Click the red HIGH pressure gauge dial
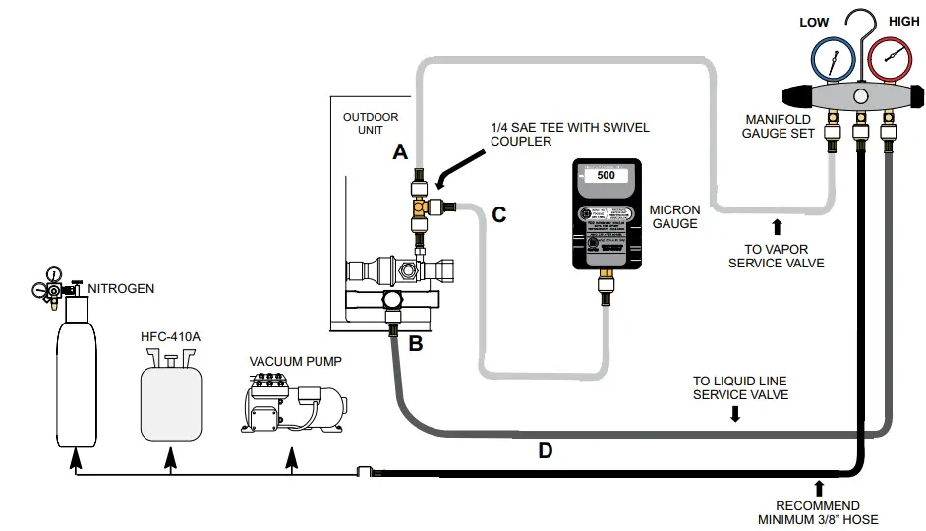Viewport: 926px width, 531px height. [892, 60]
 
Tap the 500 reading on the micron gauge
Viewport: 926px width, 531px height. [606, 175]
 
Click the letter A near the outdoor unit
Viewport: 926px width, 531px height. [399, 152]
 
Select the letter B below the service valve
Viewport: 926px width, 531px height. [415, 343]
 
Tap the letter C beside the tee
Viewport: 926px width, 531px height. [498, 214]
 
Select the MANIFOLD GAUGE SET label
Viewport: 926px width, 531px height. [779, 126]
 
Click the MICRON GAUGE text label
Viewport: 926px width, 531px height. [674, 216]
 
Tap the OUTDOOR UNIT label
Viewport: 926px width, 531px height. [371, 123]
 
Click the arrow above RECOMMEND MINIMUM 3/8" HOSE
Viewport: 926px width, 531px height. [818, 488]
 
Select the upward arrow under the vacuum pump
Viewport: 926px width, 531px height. [290, 457]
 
